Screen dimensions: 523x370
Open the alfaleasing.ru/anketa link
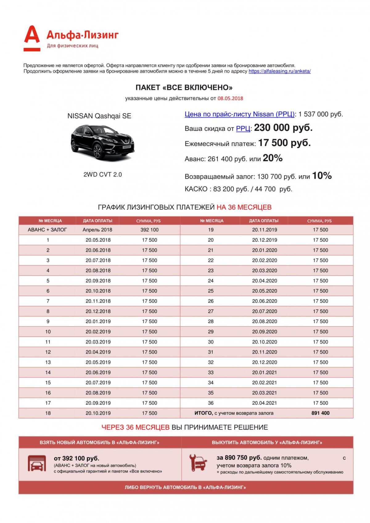tap(279, 71)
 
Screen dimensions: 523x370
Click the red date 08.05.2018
tap(230, 98)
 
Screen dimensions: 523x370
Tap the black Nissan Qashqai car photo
tap(102, 142)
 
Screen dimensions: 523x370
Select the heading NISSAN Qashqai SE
tap(99, 116)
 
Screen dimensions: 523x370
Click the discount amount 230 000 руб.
tap(283, 128)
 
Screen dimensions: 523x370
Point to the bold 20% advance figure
tap(273, 158)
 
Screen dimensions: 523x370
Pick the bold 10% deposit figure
tap(322, 176)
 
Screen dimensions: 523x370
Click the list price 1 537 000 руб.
tap(320, 114)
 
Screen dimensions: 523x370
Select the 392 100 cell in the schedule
tap(150, 230)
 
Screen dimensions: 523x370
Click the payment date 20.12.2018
tap(98, 311)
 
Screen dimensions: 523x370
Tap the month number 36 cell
tap(211, 403)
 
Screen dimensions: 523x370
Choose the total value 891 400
tap(320, 413)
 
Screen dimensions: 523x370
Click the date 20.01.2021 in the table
tap(265, 372)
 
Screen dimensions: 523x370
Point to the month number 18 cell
tap(48, 413)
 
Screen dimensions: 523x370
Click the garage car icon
tap(37, 463)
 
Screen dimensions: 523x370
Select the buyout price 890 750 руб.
tap(239, 458)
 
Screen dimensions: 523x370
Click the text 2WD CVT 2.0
tap(102, 175)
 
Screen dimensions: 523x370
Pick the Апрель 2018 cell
tap(97, 230)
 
